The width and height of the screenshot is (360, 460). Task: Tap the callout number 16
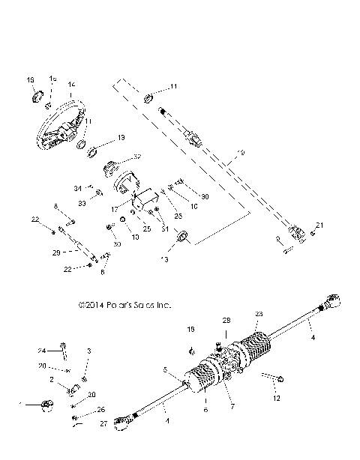click(31, 79)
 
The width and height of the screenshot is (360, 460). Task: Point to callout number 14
click(71, 85)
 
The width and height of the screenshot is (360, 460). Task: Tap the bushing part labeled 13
click(181, 238)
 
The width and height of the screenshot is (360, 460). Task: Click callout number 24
click(43, 351)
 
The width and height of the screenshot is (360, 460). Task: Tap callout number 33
click(80, 203)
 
